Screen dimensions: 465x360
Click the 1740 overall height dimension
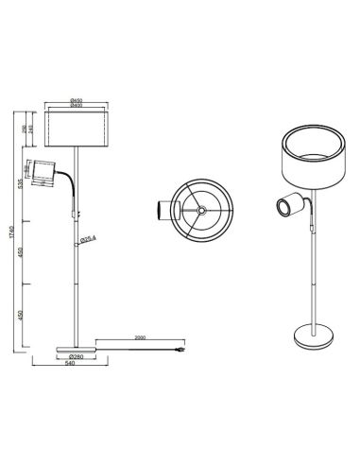coord(10,232)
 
